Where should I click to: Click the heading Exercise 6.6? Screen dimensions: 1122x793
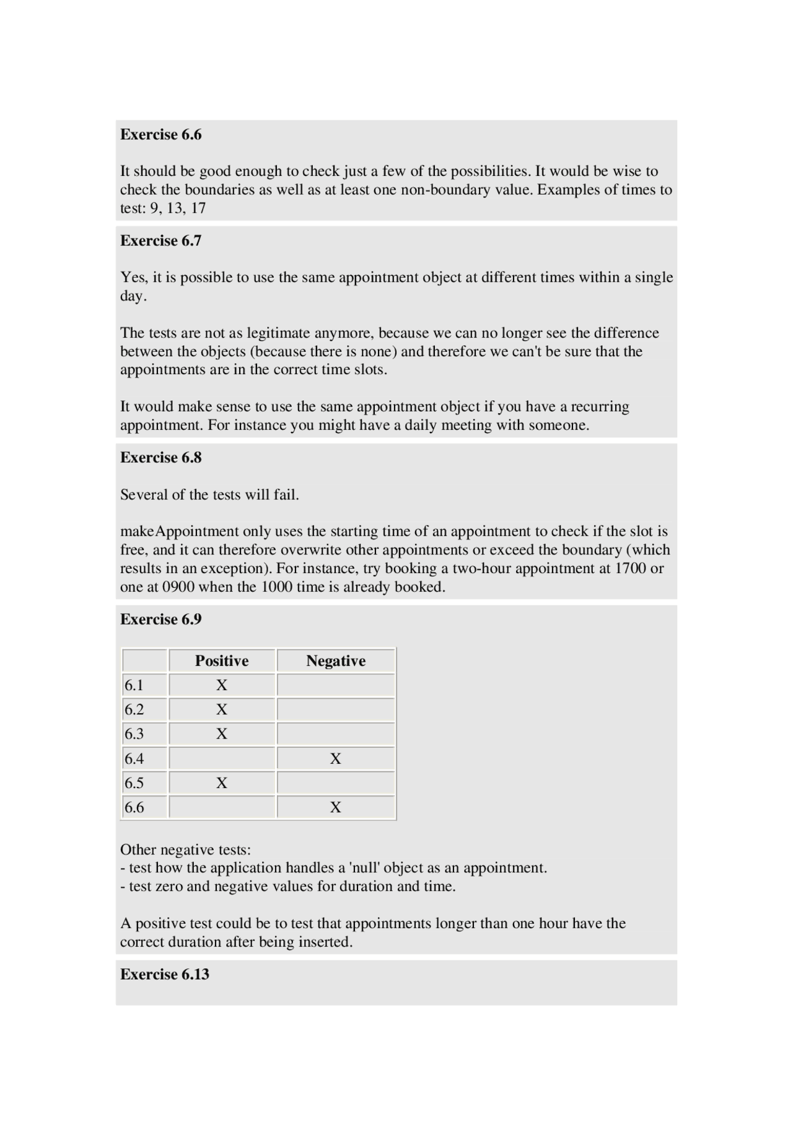pos(161,134)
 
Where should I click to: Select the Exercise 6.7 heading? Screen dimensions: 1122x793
pos(161,240)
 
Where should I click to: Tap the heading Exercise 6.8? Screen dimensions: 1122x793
pos(161,457)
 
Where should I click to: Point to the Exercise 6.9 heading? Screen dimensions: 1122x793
pos(161,619)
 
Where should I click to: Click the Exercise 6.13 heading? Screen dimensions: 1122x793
pos(165,974)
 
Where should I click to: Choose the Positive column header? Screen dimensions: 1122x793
pos(222,660)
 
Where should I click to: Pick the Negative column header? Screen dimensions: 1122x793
pos(336,660)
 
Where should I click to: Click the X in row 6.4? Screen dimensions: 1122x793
pos(336,758)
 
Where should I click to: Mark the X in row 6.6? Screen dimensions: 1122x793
pos(336,807)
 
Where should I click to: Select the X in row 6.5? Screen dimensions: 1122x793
pos(222,783)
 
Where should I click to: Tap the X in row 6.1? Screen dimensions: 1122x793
pos(222,685)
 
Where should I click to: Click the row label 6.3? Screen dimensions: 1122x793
pos(134,734)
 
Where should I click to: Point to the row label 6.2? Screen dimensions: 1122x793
pos(134,709)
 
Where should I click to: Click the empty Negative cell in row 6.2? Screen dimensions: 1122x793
pos(336,709)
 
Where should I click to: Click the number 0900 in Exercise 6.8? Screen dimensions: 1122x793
pos(178,587)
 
